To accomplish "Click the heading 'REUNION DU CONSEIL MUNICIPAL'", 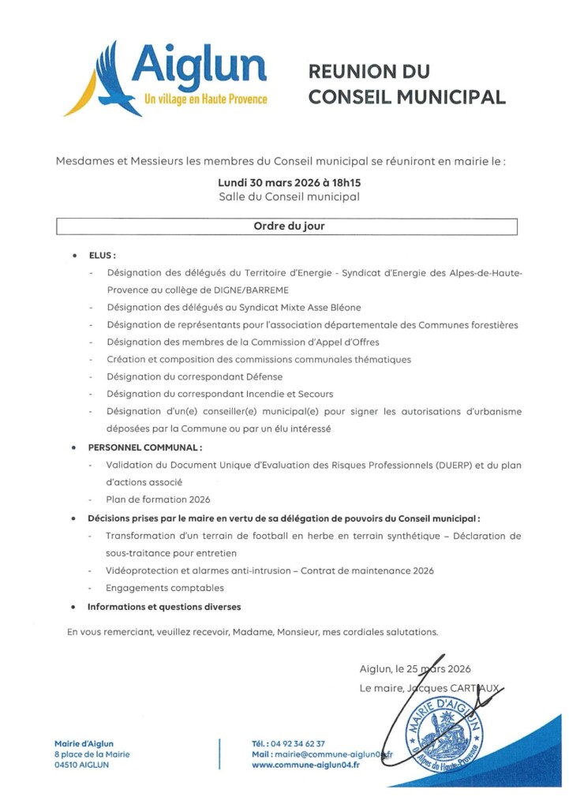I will [406, 84].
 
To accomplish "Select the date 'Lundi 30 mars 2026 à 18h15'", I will [283, 182].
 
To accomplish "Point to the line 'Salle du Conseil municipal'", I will [283, 197].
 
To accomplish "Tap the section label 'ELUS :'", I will [103, 256].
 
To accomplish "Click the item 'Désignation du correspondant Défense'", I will [194, 376].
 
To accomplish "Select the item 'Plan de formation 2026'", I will [158, 499].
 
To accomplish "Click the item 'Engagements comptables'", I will [165, 588].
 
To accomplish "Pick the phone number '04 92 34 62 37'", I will [297, 744].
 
